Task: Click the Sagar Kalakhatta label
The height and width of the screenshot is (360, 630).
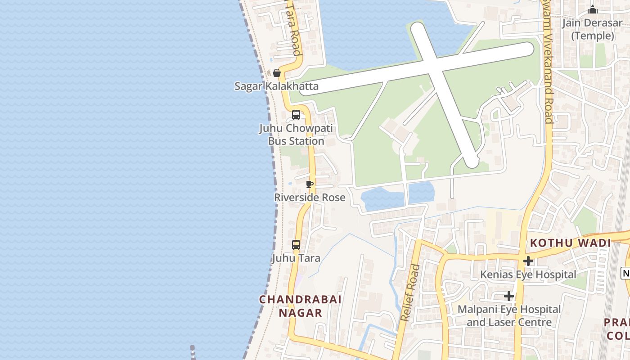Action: click(276, 86)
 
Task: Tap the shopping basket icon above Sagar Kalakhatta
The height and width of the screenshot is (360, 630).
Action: click(277, 73)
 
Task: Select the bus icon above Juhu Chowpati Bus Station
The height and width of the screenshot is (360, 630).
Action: click(296, 114)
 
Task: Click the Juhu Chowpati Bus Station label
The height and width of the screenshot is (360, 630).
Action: click(296, 135)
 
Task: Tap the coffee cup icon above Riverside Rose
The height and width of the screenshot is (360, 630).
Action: click(309, 184)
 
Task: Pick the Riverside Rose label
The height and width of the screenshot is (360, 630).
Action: click(310, 197)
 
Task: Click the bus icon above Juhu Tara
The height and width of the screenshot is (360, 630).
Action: click(296, 245)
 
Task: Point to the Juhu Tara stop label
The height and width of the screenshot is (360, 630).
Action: click(296, 258)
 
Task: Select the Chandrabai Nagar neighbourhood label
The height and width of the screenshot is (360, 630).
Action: click(300, 306)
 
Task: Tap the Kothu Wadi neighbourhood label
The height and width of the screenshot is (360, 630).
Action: click(570, 243)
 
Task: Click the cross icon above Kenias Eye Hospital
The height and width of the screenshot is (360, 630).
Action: click(528, 261)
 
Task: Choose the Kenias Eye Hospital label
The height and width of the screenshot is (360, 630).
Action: click(528, 274)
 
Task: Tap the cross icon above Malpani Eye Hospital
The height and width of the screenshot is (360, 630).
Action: click(509, 296)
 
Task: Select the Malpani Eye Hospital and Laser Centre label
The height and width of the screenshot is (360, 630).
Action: click(509, 316)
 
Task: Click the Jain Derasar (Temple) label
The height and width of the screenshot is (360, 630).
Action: click(592, 30)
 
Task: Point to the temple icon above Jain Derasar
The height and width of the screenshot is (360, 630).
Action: click(593, 10)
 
